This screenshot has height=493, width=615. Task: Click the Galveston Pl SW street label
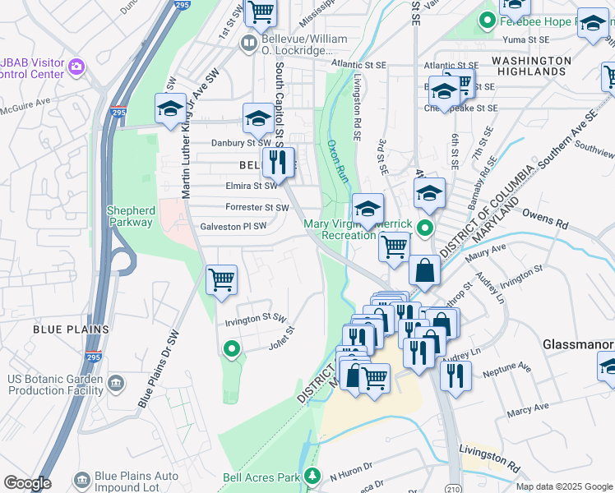pos(234,227)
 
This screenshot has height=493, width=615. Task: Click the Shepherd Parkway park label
pos(130,216)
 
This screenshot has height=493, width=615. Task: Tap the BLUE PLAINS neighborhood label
pos(71,329)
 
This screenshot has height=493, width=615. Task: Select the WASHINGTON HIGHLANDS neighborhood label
pos(531,67)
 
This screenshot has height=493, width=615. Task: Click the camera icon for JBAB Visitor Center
pos(76,67)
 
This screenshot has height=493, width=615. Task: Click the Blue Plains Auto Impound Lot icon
pos(81,479)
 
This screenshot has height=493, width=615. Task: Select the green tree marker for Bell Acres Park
pos(312,475)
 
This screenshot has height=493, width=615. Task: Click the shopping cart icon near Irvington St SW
pos(221,279)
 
